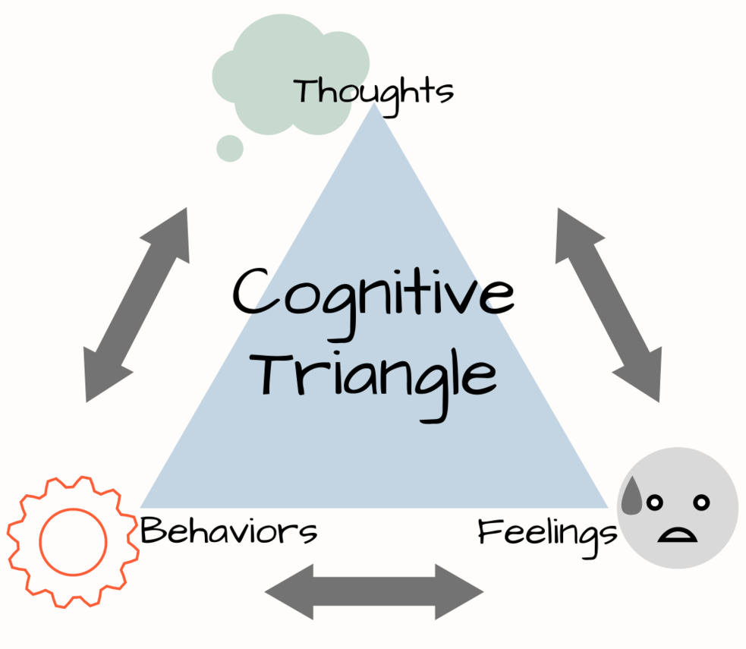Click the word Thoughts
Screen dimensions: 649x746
(x=373, y=92)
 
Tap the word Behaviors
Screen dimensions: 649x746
(x=228, y=531)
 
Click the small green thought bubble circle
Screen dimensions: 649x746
(x=229, y=148)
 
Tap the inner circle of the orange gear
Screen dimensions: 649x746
(x=73, y=542)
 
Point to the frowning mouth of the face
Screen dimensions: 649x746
(x=678, y=534)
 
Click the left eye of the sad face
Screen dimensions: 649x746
(x=653, y=502)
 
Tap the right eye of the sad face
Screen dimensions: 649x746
(x=702, y=502)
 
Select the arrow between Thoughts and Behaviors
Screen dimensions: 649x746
(x=137, y=304)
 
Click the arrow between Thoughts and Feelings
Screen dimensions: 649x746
(x=608, y=304)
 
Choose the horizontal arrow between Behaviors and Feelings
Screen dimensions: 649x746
(x=374, y=591)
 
